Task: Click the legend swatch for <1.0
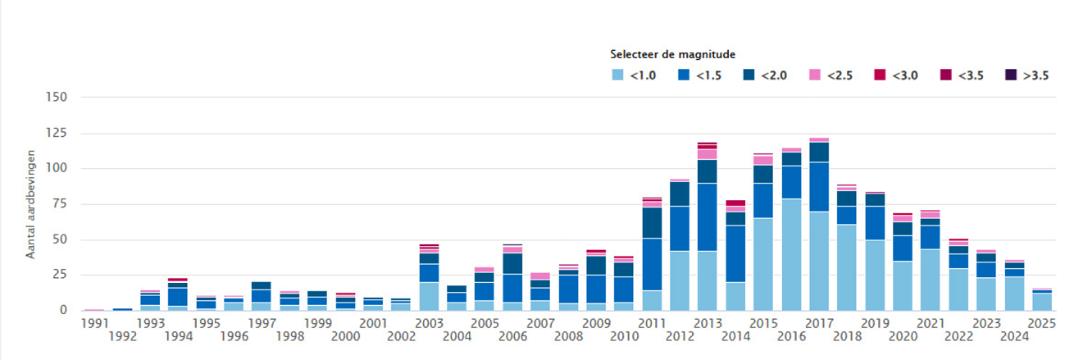tap(618, 75)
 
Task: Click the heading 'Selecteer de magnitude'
tap(672, 54)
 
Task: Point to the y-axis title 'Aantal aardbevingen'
tap(30, 203)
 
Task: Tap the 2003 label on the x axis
tap(429, 323)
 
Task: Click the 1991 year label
tap(94, 323)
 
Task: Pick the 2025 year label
tap(1042, 323)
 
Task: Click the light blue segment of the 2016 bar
tap(791, 254)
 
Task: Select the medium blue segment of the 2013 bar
tap(708, 216)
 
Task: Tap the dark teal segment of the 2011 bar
tap(652, 222)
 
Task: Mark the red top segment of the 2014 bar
tap(735, 203)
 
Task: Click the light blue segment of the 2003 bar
tap(429, 296)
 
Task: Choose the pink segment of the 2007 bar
tap(540, 276)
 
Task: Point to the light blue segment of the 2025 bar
tap(1042, 302)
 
